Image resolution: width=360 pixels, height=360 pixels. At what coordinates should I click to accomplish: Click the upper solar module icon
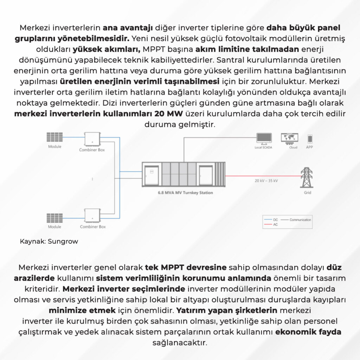[x=54, y=137]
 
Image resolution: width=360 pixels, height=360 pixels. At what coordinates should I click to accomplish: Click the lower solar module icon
[x=54, y=218]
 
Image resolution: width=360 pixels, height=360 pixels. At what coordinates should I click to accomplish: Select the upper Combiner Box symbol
[x=92, y=139]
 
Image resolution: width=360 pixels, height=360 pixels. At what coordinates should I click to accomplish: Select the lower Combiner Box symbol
[x=92, y=216]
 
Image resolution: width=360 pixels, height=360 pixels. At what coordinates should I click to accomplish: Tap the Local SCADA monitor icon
[x=264, y=139]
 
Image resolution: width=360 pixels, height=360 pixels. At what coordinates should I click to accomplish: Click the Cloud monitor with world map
[x=290, y=139]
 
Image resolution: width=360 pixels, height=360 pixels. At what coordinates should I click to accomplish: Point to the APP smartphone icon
[x=310, y=139]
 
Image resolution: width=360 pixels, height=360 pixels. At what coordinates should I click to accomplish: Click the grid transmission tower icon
[x=307, y=178]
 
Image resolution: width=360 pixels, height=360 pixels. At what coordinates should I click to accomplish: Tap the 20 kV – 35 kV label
[x=266, y=181]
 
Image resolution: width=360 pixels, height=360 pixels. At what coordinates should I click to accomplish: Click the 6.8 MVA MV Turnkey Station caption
[x=185, y=193]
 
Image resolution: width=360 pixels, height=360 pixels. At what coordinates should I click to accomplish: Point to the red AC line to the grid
[x=263, y=176]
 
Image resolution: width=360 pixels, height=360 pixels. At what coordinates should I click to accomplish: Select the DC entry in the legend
[x=271, y=220]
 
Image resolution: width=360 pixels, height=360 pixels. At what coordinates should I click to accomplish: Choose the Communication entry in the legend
[x=296, y=220]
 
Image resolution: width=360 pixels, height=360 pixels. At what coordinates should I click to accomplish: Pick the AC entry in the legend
[x=271, y=225]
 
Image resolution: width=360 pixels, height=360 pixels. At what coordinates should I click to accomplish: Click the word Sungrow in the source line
[x=63, y=242]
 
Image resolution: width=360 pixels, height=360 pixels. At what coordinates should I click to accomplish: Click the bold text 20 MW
[x=168, y=114]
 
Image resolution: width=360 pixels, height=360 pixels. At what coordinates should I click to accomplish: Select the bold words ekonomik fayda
[x=308, y=332]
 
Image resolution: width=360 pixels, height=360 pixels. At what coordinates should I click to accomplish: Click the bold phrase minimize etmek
[x=82, y=310]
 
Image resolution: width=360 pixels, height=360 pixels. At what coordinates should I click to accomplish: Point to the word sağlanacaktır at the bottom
[x=180, y=343]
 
